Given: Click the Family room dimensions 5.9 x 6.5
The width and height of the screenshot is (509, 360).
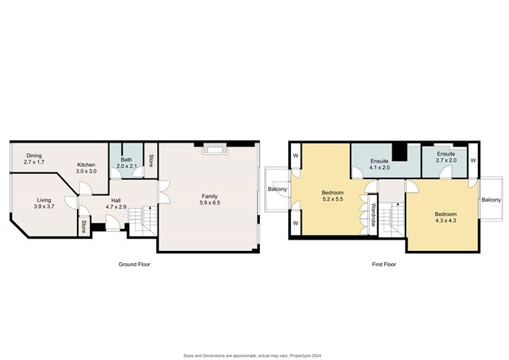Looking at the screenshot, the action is [x=210, y=202].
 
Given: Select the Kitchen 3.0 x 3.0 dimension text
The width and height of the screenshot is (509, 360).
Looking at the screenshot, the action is [x=86, y=171].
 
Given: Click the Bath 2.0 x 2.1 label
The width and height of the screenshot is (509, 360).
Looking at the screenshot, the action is [x=126, y=162].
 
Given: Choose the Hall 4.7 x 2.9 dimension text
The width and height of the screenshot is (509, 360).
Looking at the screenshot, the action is [x=116, y=207].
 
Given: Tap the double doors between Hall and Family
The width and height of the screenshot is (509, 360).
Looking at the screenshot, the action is [x=164, y=192].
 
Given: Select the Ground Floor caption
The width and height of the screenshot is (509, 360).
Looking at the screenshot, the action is [x=134, y=265].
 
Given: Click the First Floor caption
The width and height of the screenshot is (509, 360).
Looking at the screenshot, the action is [x=384, y=265].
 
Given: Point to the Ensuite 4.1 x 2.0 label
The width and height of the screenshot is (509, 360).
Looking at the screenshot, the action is [x=379, y=165].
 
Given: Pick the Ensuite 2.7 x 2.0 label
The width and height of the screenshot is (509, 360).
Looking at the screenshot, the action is [x=446, y=157].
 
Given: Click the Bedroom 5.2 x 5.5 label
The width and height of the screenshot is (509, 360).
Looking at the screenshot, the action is [x=333, y=196].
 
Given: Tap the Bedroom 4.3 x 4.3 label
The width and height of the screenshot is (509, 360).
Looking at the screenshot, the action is [x=446, y=217].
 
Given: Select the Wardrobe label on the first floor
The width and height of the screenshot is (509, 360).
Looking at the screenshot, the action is [x=373, y=214].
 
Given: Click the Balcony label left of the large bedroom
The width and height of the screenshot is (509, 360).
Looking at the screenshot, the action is [x=277, y=189].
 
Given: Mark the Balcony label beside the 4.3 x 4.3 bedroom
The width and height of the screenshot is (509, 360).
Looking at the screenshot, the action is [x=491, y=200].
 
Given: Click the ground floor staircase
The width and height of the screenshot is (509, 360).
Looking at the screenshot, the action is [x=143, y=220].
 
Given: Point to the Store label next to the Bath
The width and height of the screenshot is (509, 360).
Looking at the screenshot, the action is [x=151, y=160].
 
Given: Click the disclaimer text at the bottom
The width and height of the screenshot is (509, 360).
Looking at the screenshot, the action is [x=252, y=355].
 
